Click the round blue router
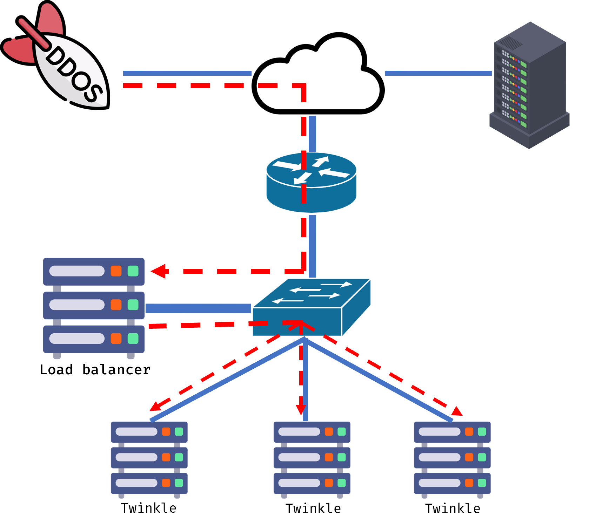311,182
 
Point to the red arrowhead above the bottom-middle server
301,409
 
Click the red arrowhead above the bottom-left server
155,407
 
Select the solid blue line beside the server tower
438,73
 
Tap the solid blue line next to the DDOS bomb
187,73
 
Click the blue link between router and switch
312,245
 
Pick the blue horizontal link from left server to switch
198,308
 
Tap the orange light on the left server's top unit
116,271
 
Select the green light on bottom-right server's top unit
482,431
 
